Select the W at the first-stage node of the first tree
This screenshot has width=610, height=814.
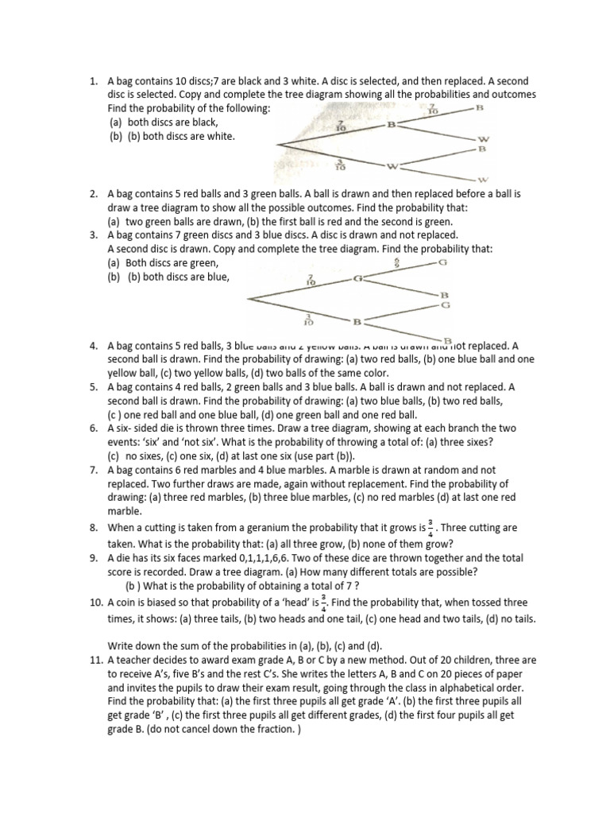[392, 167]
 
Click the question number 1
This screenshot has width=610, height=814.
[93, 82]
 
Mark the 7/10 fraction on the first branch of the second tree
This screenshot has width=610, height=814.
[311, 281]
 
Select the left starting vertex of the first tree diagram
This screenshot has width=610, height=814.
[276, 145]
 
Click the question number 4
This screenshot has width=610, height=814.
[93, 346]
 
